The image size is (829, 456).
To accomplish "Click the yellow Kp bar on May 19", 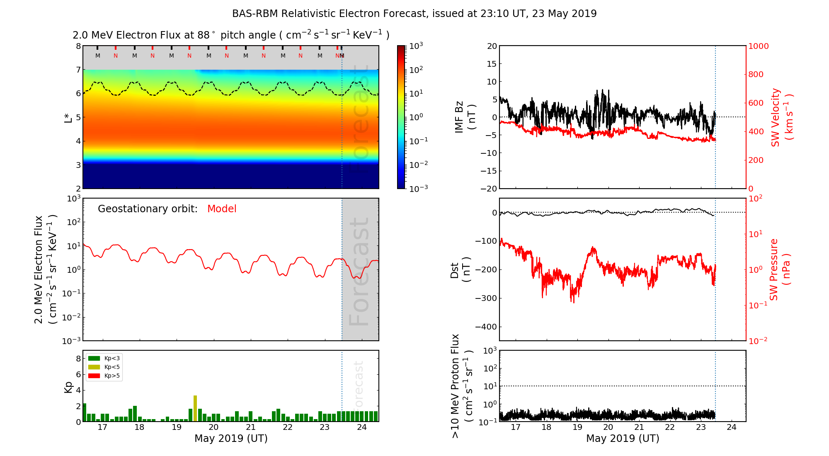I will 195,408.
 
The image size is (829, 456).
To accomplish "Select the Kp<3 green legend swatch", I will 94,358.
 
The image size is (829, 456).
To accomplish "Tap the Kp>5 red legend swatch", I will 94,376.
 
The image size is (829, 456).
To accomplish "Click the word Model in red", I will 222,209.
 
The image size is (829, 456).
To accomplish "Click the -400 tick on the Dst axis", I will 486,327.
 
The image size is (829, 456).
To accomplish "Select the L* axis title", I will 68,117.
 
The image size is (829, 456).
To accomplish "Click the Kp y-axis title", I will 68,387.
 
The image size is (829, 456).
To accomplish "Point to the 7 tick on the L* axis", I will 78,70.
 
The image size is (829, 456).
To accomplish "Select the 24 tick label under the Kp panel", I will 362,427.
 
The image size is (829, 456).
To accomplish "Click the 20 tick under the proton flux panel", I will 608,427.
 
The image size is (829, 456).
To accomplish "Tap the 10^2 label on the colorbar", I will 416,70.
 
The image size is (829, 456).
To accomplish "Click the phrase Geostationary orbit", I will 148,209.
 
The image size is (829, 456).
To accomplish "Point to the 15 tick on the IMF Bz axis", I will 492,64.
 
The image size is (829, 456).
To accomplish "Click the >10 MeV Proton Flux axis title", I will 462,386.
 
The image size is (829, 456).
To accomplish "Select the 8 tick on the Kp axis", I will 78,359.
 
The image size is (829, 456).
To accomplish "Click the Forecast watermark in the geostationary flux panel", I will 359,272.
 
